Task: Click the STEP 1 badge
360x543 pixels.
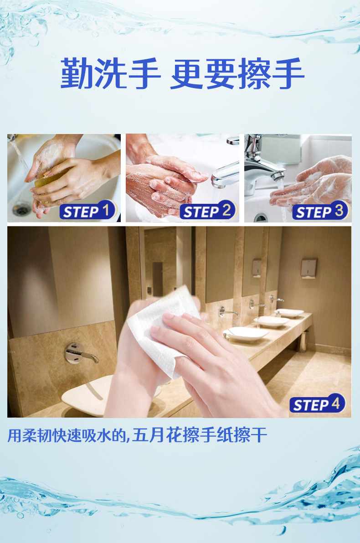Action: click(88, 211)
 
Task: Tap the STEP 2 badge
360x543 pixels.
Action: click(208, 210)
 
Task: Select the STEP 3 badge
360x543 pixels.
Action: click(321, 211)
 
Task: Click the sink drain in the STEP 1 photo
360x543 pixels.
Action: click(21, 209)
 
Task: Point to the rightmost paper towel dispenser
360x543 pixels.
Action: click(309, 268)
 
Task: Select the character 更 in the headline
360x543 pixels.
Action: click(186, 73)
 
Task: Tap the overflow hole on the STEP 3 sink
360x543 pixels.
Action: click(260, 218)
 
